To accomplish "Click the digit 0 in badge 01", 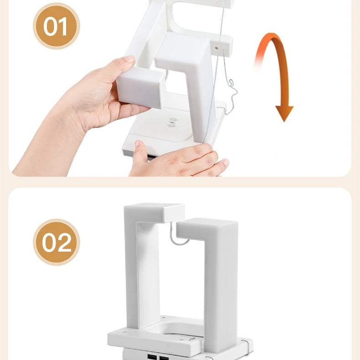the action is point(50,26).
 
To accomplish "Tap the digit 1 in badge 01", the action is point(62,26).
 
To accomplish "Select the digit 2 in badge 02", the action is point(64,243).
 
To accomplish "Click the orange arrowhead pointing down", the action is point(284,113).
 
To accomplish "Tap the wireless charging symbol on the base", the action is point(172,122).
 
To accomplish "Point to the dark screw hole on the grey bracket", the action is point(216,48).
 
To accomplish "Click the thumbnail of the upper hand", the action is point(129,59).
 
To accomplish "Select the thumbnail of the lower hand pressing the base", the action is point(138,144).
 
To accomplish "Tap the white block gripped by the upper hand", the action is point(140,88).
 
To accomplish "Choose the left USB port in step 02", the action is point(152,357).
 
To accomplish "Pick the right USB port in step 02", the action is point(164,358).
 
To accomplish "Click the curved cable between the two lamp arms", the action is point(178,237).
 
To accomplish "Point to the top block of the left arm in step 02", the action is point(154,213).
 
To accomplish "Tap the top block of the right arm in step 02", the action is point(207,229).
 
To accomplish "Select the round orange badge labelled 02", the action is point(57,242).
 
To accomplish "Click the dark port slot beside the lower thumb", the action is point(152,157).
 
